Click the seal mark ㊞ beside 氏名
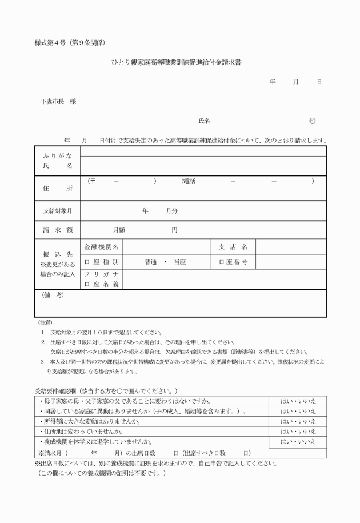click(312, 121)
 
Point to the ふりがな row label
click(57, 155)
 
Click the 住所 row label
click(57, 188)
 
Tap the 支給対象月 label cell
click(57, 211)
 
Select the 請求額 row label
click(57, 230)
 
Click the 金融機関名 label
click(101, 247)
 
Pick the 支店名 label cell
click(233, 247)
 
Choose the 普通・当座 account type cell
click(166, 262)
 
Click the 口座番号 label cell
click(233, 262)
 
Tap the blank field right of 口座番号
click(291, 262)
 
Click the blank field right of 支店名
click(291, 247)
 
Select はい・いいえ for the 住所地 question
click(298, 431)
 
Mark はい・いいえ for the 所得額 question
click(298, 421)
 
